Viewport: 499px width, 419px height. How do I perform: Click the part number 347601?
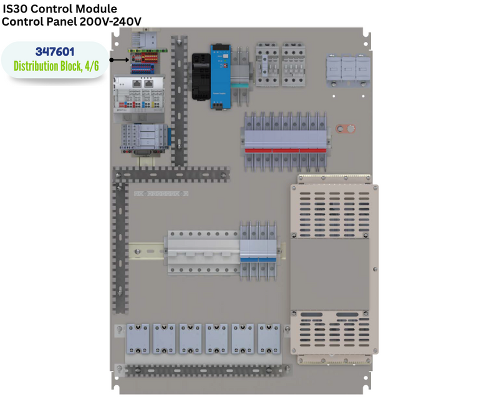pos(56,52)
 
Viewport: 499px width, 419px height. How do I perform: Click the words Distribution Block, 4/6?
pos(56,66)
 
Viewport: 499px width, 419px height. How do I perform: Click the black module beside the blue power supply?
pos(201,76)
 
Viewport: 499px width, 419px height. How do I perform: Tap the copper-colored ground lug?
pos(345,129)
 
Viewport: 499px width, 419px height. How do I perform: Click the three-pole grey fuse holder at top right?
pos(347,67)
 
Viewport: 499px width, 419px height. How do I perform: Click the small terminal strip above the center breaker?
pos(161,194)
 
